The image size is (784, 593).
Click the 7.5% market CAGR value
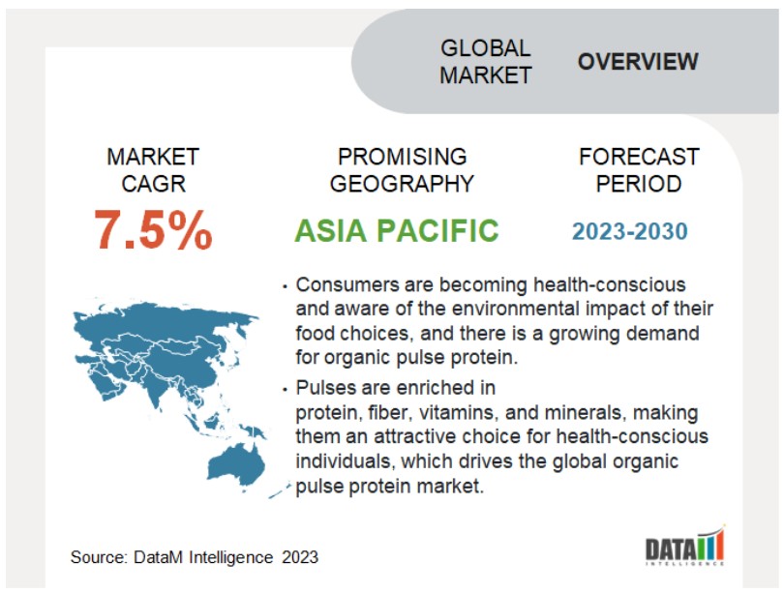pos(153,229)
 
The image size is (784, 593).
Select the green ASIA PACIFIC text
pos(397,230)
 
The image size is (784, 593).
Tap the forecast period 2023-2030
pos(630,231)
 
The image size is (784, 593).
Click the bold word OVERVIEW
pos(638,62)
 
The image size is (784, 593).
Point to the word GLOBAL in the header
pos(485,48)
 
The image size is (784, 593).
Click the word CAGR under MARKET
pos(154,184)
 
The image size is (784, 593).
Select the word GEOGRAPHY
pos(402,184)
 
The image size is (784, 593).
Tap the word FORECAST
pos(639,157)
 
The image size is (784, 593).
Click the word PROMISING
pos(402,157)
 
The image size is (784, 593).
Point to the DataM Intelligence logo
pos(684,546)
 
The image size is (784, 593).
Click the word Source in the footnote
pos(99,557)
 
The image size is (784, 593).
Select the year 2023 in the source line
pos(299,557)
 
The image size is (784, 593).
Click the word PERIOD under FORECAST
pos(639,184)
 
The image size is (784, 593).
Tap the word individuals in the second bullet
pos(345,461)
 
